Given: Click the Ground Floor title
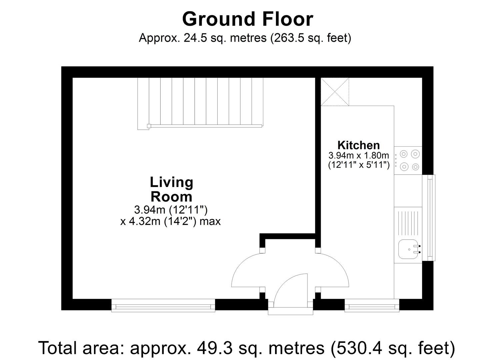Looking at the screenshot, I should point(247,19).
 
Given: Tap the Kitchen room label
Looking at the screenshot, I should point(358,145).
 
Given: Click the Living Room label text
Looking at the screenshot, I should point(171,189).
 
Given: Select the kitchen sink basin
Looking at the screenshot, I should point(407,249).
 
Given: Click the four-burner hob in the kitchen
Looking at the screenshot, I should point(409,160).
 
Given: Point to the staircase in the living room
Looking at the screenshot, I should point(200,102).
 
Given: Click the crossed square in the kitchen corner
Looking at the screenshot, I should point(335,92).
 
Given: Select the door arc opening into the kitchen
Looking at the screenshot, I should point(334,271).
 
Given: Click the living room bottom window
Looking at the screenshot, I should point(163,305).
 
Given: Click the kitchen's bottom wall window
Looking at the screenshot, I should point(372,305).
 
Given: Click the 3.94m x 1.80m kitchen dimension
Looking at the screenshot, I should point(359,155).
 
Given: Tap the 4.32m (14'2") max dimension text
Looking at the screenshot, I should point(170,221).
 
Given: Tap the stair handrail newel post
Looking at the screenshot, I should point(148,126).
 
